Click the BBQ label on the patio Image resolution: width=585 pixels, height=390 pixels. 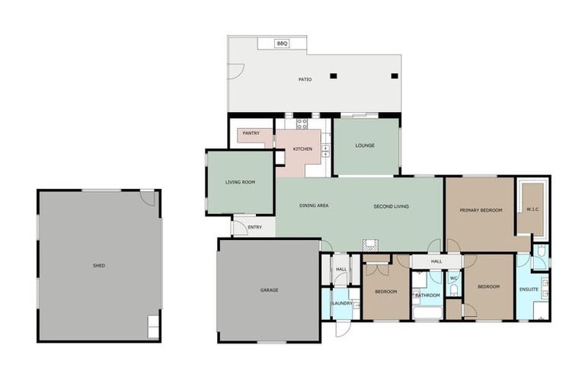pyautogui.click(x=281, y=44)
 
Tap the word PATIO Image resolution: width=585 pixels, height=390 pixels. pyautogui.click(x=305, y=79)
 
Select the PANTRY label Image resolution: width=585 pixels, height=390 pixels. pyautogui.click(x=251, y=133)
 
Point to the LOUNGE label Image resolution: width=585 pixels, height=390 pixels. pyautogui.click(x=364, y=145)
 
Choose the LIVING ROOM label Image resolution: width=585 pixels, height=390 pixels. pyautogui.click(x=239, y=182)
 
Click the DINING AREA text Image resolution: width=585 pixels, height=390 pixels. pyautogui.click(x=313, y=206)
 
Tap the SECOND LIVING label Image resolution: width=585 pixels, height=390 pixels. pyautogui.click(x=391, y=206)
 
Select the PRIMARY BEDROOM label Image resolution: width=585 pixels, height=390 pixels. pyautogui.click(x=481, y=209)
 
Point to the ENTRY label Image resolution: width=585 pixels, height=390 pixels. pyautogui.click(x=254, y=227)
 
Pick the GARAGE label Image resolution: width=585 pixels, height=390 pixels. pyautogui.click(x=269, y=289)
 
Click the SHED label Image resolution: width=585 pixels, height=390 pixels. pyautogui.click(x=99, y=265)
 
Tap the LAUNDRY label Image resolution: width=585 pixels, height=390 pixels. pyautogui.click(x=341, y=303)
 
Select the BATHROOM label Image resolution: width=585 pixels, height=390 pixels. pyautogui.click(x=427, y=295)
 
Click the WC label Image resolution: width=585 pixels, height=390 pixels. pyautogui.click(x=453, y=278)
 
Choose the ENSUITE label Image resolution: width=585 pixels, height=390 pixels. pyautogui.click(x=529, y=289)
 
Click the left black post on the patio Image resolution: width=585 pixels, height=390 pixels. pyautogui.click(x=333, y=75)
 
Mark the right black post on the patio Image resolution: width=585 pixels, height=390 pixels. pyautogui.click(x=394, y=75)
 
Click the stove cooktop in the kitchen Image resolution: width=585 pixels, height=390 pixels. pyautogui.click(x=302, y=123)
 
